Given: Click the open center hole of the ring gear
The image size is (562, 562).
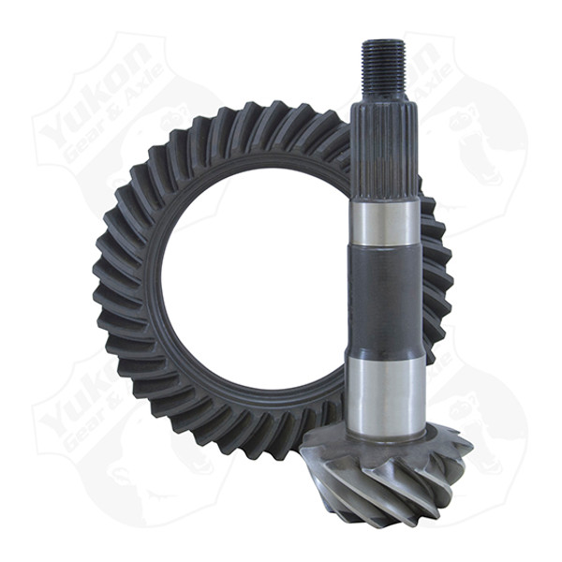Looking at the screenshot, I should point(253,272).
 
